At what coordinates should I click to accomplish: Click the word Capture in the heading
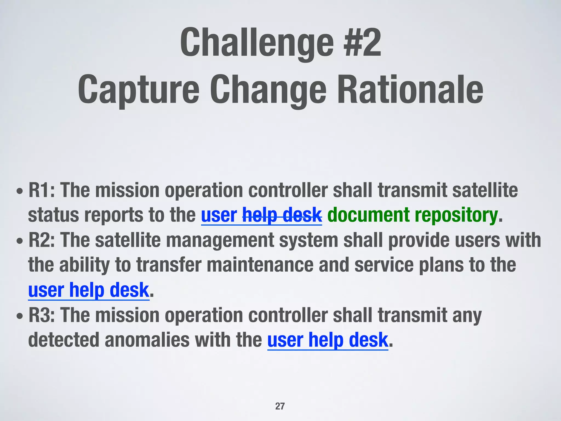(x=138, y=90)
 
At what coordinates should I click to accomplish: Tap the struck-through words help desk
(x=282, y=215)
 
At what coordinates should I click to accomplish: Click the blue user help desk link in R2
(x=88, y=290)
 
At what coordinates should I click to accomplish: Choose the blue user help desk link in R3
(x=328, y=340)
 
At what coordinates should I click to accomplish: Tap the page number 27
(x=280, y=406)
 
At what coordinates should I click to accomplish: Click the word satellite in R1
(x=485, y=190)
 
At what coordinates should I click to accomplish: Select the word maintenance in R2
(x=260, y=265)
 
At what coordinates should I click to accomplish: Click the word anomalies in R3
(x=147, y=340)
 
